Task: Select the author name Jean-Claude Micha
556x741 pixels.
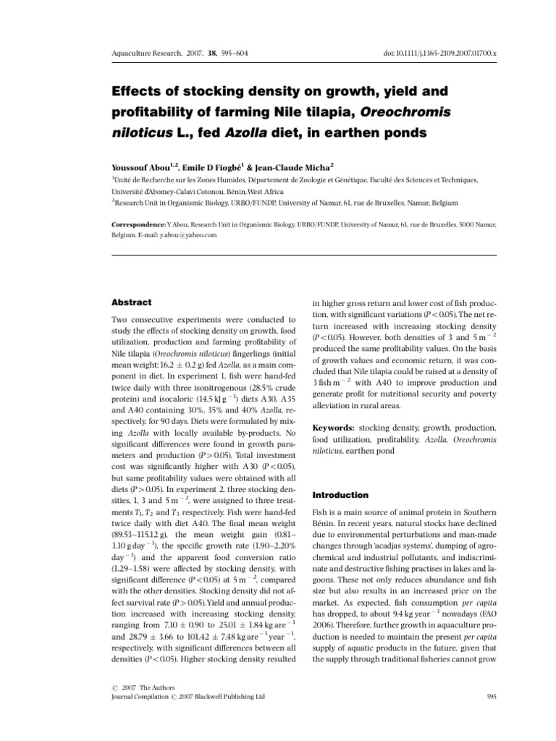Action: (285, 165)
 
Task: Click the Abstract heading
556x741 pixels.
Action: (131, 302)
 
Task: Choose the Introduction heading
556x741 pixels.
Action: (340, 494)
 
